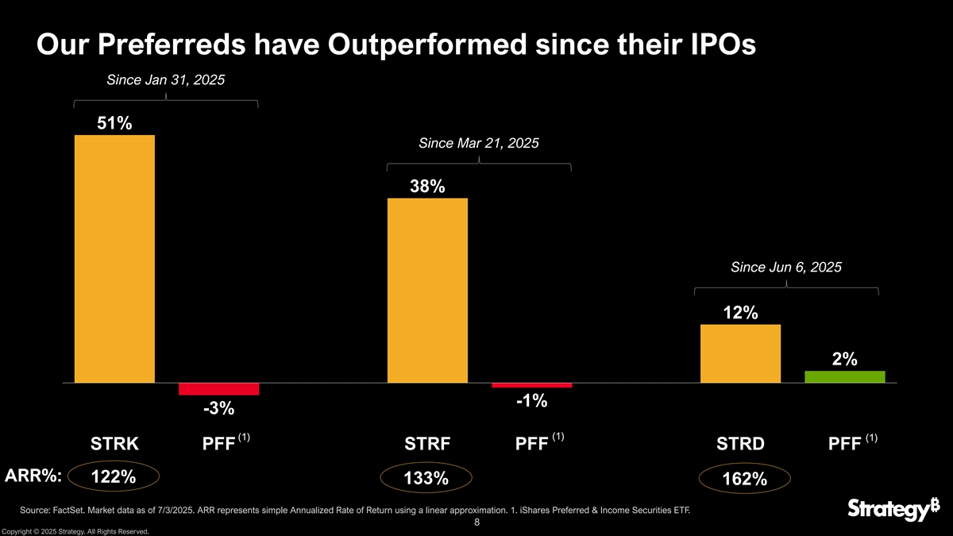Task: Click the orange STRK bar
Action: coord(114,258)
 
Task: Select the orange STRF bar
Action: coord(427,290)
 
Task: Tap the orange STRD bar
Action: coord(740,353)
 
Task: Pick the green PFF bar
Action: coord(844,376)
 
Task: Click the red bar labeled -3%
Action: coord(218,389)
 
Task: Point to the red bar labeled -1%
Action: coord(531,385)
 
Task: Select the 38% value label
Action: coord(427,187)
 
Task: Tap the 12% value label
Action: coord(740,313)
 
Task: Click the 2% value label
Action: coord(844,359)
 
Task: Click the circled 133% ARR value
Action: coord(426,478)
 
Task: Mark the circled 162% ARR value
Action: coord(744,479)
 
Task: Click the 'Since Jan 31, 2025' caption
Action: coord(165,79)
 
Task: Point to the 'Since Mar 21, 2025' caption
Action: coord(478,143)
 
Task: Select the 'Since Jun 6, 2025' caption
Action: coord(785,267)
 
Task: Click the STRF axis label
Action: coord(427,444)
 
